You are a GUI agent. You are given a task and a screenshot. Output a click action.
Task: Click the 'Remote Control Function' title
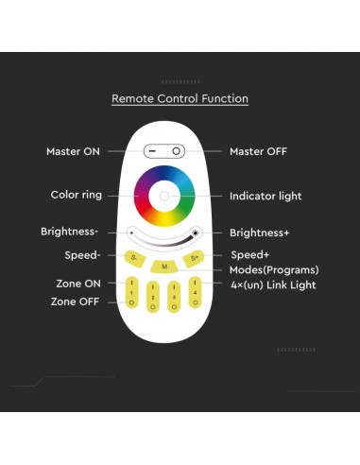[180, 98]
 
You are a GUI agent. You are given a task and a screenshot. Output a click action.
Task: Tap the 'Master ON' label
[72, 151]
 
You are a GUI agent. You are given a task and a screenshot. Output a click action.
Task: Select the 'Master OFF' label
[258, 151]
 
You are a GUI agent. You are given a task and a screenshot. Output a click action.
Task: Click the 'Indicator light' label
[266, 197]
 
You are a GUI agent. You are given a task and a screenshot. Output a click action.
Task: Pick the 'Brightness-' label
[70, 232]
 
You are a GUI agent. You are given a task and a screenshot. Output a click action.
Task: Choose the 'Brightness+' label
[260, 232]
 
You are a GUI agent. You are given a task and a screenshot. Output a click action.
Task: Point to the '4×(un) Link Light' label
[272, 284]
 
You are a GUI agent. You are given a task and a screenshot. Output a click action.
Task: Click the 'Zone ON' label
[77, 284]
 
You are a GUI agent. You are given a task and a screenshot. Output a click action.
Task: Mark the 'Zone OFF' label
[76, 301]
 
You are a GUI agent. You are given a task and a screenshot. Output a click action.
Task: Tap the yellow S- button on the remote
[134, 257]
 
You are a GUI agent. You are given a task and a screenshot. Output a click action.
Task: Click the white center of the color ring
[165, 197]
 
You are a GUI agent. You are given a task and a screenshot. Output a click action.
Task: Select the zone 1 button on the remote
[132, 293]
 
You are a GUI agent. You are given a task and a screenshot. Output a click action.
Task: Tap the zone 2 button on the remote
[153, 297]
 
